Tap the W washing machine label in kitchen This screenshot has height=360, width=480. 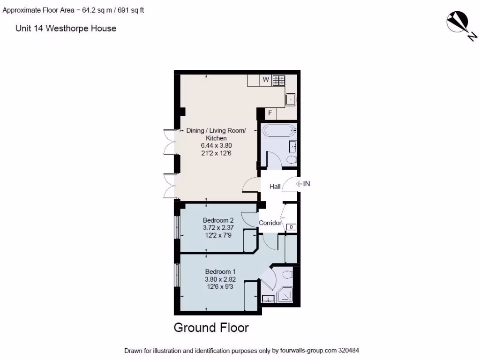click(266, 80)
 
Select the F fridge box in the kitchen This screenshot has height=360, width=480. click(270, 113)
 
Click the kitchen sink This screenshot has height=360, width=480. click(291, 99)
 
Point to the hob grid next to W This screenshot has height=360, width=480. click(278, 80)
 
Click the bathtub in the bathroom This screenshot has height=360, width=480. click(279, 130)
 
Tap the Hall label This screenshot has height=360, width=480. click(275, 187)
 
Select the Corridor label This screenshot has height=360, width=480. click(270, 223)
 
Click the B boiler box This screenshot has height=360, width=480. click(291, 227)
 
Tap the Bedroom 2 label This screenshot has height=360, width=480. click(218, 220)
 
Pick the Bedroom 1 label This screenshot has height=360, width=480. click(220, 271)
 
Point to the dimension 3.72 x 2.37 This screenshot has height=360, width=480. click(218, 228)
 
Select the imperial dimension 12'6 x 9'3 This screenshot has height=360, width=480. click(220, 287)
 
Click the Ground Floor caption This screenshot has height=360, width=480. click(211, 327)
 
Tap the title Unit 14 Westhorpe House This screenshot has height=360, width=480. click(66, 29)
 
